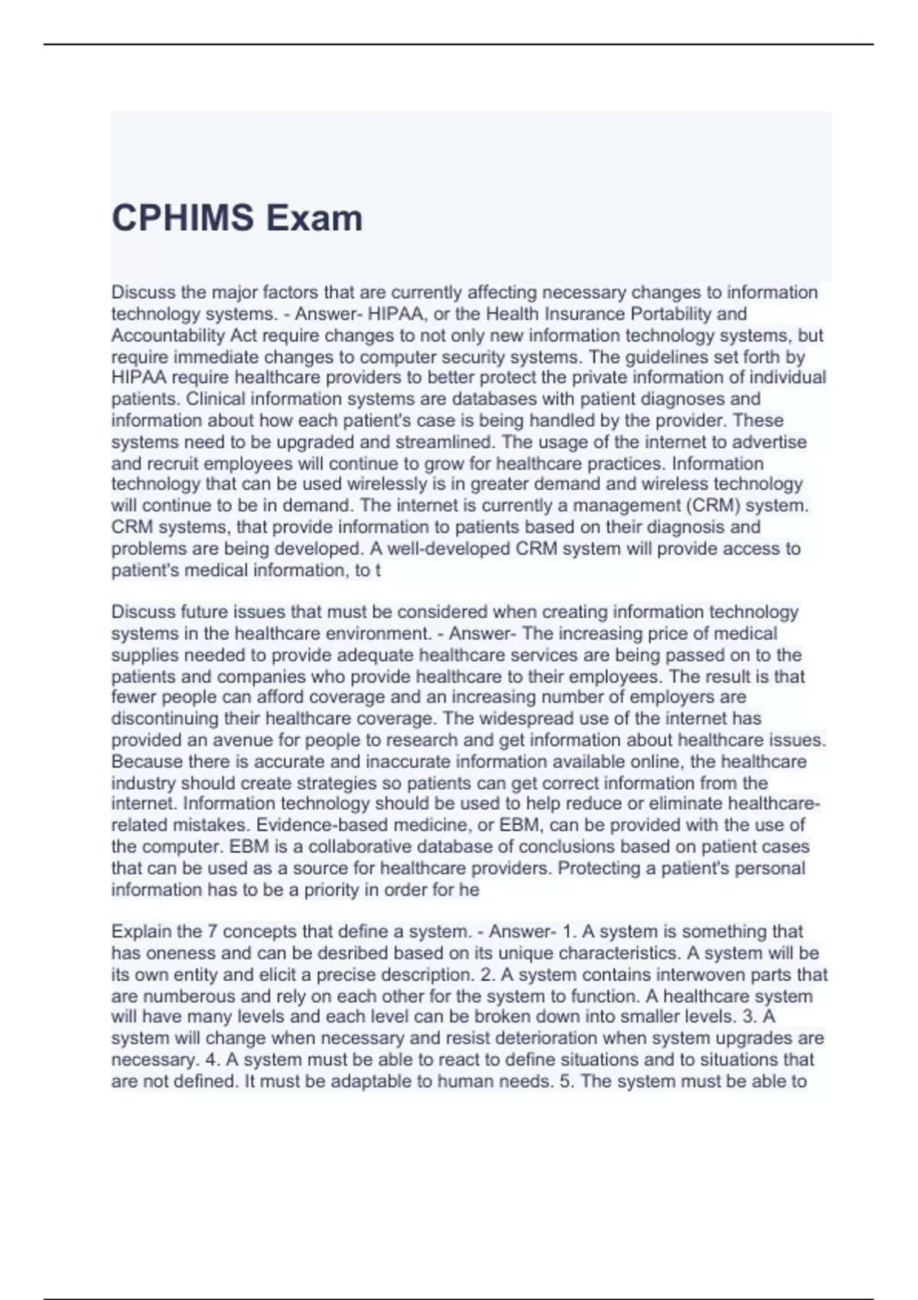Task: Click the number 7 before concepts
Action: pyautogui.click(x=212, y=931)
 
